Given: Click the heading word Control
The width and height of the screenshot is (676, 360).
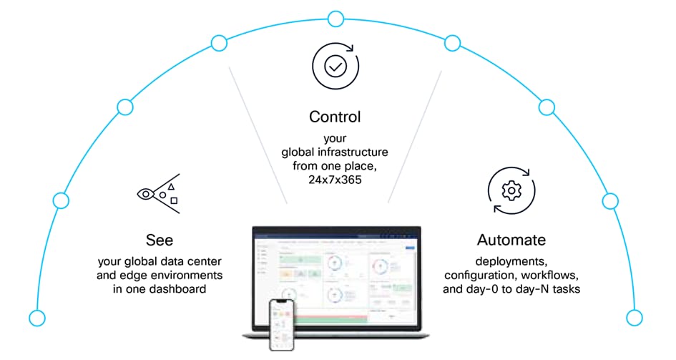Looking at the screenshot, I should pos(335,117).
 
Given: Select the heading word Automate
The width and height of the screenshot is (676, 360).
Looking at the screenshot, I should pos(511,240).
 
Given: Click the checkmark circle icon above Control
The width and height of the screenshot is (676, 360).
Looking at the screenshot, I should pos(335,67).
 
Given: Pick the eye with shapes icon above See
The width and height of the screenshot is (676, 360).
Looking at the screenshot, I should pos(158,194).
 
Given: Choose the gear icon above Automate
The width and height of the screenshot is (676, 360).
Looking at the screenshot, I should pos(511,191).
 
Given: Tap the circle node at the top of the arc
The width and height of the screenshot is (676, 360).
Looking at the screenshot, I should pos(335,18).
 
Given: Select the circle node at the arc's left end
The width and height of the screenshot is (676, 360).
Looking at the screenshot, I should pos(36,317).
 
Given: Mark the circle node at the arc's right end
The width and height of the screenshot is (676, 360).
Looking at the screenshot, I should pos(634,317).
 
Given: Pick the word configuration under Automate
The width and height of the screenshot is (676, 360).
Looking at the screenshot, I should pos(479,276).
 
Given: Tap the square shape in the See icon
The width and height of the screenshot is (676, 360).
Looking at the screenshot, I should pos(174,201).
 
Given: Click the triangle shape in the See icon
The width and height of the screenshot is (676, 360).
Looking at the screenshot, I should pos(172,186).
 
